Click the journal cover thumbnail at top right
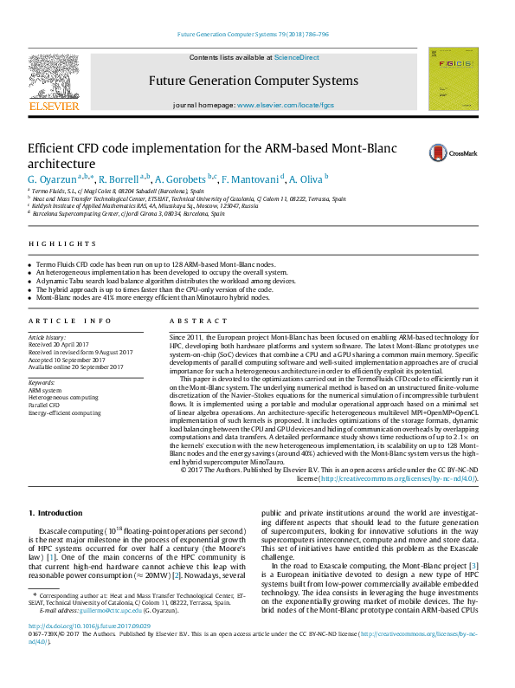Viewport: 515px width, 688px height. (x=453, y=79)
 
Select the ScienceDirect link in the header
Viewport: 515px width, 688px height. (x=296, y=58)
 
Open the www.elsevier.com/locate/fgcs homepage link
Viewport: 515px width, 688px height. (x=285, y=104)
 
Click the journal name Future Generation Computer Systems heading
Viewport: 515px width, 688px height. (x=254, y=81)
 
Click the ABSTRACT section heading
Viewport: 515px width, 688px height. (x=192, y=321)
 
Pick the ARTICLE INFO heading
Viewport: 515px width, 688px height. (x=70, y=321)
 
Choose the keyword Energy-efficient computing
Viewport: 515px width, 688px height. (x=65, y=413)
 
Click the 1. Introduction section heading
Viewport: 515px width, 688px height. (x=55, y=515)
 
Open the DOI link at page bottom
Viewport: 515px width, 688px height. (x=89, y=650)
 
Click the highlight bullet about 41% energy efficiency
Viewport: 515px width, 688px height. (x=156, y=297)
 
